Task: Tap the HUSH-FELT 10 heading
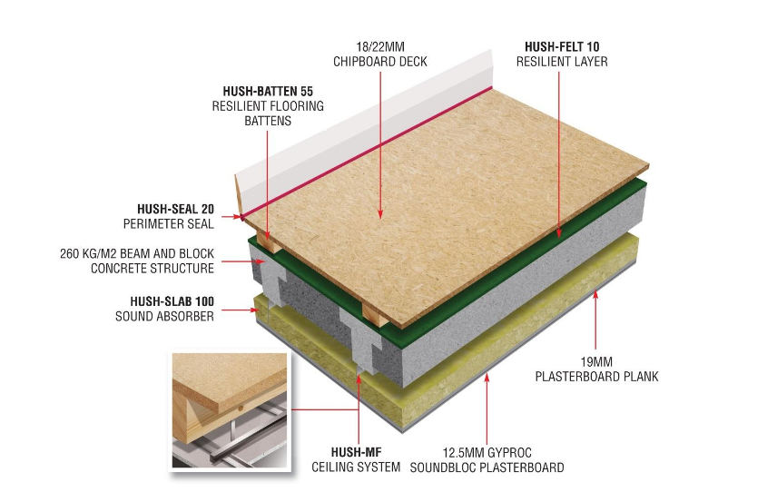pyautogui.click(x=562, y=47)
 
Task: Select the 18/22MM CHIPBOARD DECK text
pyautogui.click(x=380, y=54)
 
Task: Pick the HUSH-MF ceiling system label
pyautogui.click(x=356, y=459)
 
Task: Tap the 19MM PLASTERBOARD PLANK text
pyautogui.click(x=596, y=369)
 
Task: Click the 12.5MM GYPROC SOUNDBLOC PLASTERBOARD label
pyautogui.click(x=487, y=460)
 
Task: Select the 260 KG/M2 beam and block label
pyautogui.click(x=137, y=261)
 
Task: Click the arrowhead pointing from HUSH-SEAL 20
pyautogui.click(x=237, y=217)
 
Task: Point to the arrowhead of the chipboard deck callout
pyautogui.click(x=380, y=214)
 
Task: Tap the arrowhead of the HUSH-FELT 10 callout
pyautogui.click(x=559, y=233)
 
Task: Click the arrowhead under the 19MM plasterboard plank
pyautogui.click(x=595, y=294)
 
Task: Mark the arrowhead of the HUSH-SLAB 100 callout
pyautogui.click(x=255, y=310)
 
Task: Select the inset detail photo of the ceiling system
pyautogui.click(x=230, y=410)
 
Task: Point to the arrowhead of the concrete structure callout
pyautogui.click(x=262, y=261)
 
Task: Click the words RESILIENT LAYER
pyautogui.click(x=562, y=62)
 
